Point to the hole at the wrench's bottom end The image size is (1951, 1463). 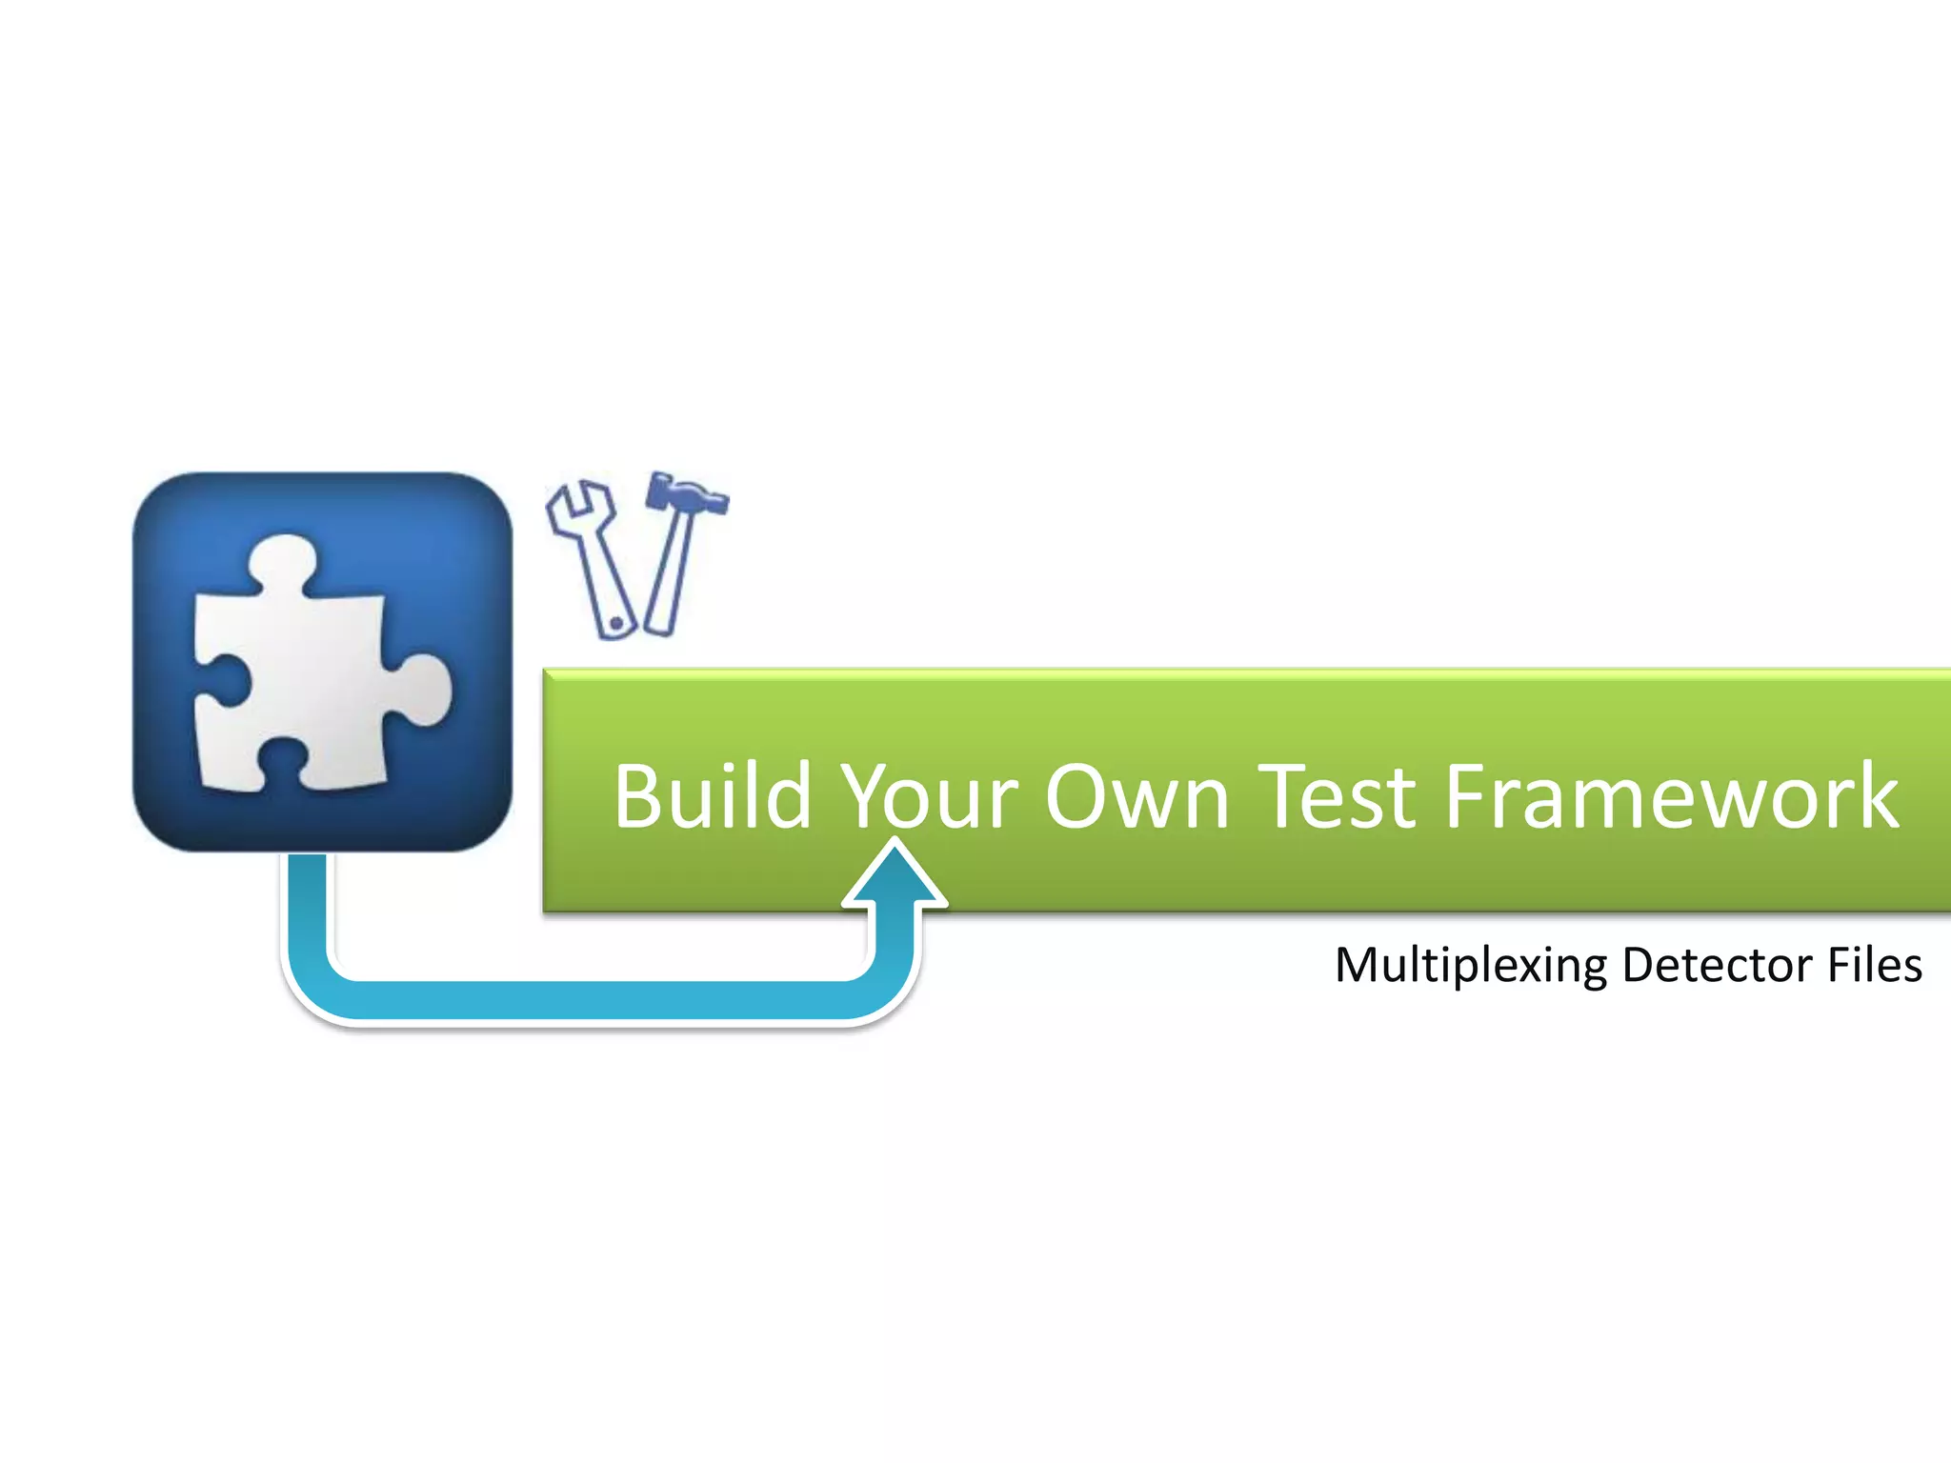click(x=616, y=624)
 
